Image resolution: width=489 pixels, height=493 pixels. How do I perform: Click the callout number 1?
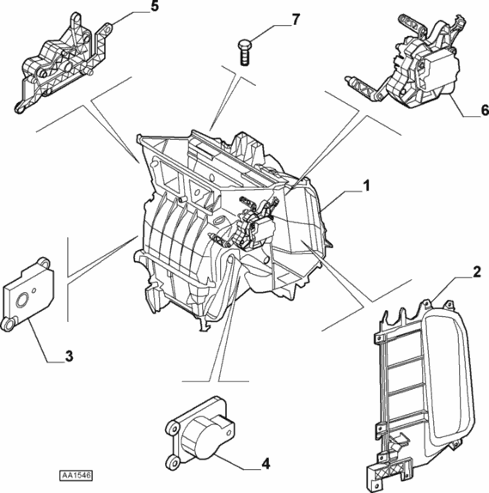(x=365, y=186)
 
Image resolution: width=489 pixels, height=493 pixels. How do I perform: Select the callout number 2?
(x=477, y=271)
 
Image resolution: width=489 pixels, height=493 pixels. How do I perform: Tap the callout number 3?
(x=69, y=356)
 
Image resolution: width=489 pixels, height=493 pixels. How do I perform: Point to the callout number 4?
(x=266, y=464)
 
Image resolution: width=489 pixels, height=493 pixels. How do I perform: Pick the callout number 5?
(x=155, y=6)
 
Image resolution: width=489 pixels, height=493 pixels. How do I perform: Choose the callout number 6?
(x=485, y=110)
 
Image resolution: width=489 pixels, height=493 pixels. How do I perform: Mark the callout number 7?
(x=296, y=20)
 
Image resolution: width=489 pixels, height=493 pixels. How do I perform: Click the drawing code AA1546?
(x=76, y=476)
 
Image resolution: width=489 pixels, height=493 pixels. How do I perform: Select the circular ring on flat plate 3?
(x=23, y=301)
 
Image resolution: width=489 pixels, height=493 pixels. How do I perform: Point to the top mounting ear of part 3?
(x=44, y=262)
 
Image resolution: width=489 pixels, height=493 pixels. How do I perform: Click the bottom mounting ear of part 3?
(x=9, y=324)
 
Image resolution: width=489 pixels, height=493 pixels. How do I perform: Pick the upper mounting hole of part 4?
(x=172, y=429)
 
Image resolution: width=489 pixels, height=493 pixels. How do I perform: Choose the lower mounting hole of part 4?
(x=173, y=461)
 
